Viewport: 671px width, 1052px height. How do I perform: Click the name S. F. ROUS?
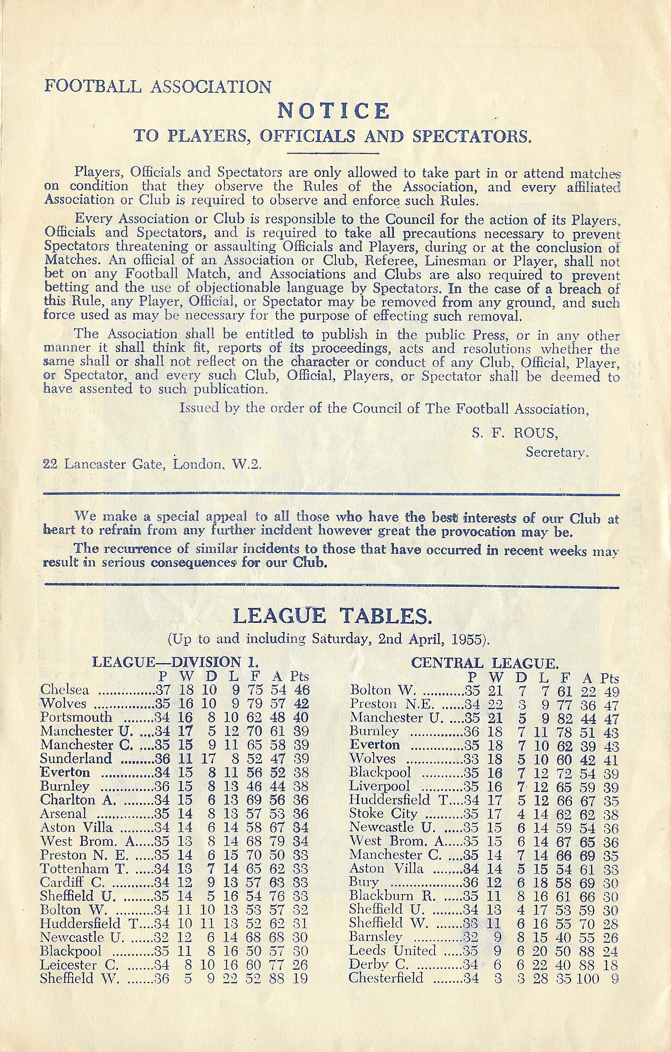click(514, 432)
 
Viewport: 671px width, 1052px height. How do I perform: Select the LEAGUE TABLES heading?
click(333, 616)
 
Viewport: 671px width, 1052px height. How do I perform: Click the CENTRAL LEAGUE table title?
click(485, 663)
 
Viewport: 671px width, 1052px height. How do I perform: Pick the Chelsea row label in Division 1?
click(64, 690)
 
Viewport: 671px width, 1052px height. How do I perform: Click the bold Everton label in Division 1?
click(65, 772)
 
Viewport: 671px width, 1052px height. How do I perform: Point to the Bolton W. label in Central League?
click(382, 690)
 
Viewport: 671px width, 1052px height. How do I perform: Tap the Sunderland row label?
click(75, 758)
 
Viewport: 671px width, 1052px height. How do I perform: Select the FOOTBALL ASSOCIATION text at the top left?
click(157, 87)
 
